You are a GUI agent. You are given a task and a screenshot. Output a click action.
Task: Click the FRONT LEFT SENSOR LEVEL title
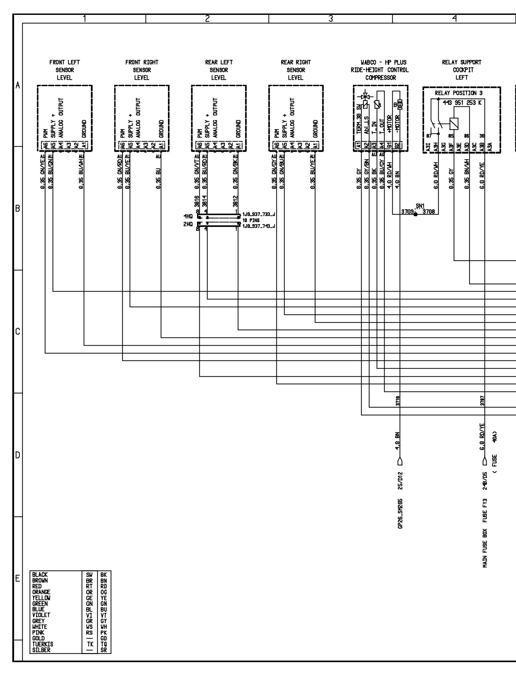click(x=64, y=70)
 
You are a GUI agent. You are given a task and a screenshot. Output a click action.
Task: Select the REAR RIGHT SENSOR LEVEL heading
click(x=296, y=70)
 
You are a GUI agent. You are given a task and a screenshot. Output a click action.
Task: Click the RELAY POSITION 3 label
click(x=461, y=93)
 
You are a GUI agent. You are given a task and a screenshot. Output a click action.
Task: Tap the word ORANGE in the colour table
click(x=41, y=592)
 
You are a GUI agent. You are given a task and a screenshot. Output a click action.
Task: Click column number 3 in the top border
click(x=331, y=19)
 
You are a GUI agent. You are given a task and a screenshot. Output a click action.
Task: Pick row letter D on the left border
click(x=17, y=455)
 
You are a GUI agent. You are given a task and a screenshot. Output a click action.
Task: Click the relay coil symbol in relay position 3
click(x=454, y=124)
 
